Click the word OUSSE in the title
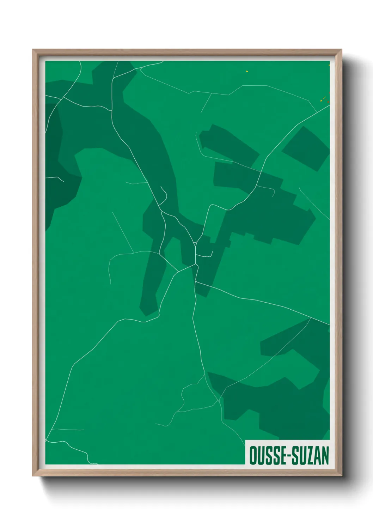[267, 456]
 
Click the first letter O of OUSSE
[253, 456]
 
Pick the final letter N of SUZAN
[325, 456]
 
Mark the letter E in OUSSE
[282, 456]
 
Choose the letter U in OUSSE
[260, 456]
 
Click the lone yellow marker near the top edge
[247, 71]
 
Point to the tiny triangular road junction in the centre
[195, 243]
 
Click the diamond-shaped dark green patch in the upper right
[305, 148]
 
